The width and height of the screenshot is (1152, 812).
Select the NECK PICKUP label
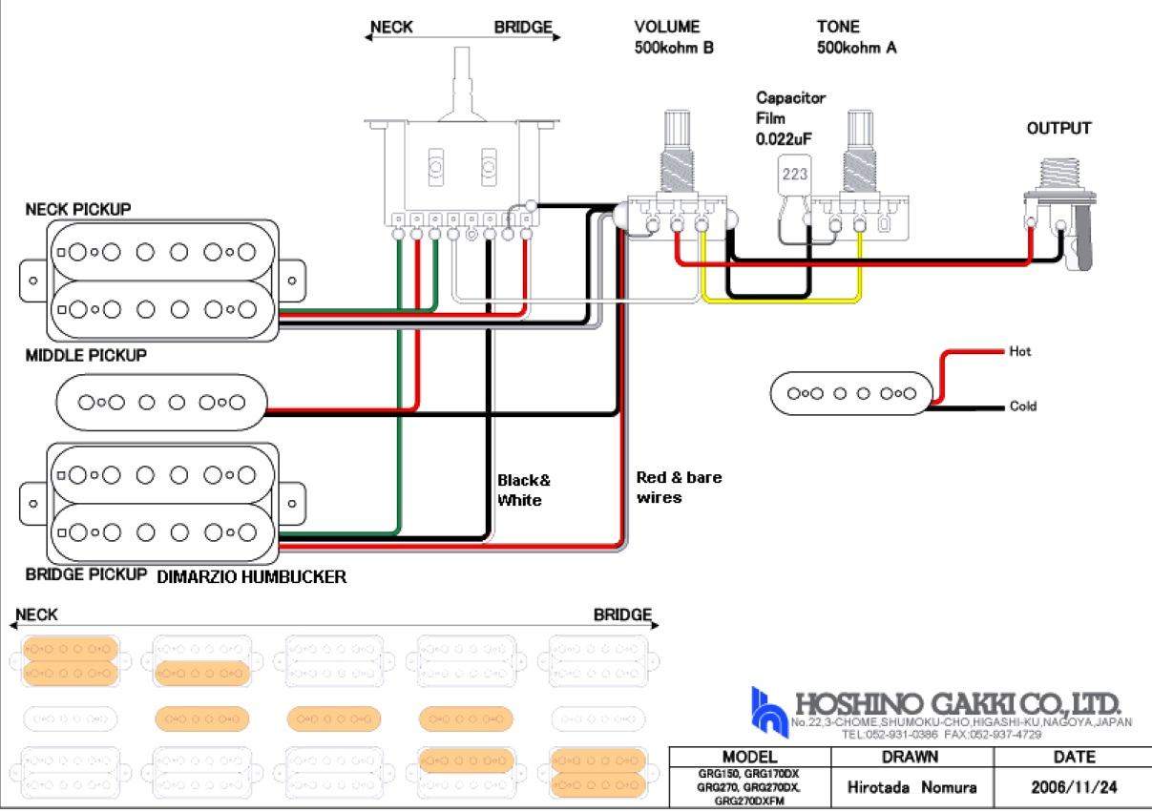tap(78, 209)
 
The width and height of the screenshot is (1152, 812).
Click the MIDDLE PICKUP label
tap(86, 356)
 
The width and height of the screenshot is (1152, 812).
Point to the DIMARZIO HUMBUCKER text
tap(251, 577)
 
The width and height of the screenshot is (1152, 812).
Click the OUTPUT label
tap(1058, 129)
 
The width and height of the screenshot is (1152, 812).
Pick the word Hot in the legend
tap(1020, 352)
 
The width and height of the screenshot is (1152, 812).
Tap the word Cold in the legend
tap(1022, 406)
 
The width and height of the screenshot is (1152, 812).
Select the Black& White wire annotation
tap(523, 490)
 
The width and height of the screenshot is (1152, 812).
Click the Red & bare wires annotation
tap(679, 487)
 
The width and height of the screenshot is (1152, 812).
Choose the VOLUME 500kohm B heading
tap(673, 37)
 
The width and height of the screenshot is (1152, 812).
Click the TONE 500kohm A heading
tap(855, 37)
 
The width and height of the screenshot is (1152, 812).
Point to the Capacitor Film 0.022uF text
tap(789, 118)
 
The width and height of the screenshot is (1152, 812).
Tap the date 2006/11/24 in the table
tap(1074, 788)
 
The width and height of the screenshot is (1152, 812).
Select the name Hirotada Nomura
tap(912, 788)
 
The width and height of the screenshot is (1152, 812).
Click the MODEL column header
tap(749, 758)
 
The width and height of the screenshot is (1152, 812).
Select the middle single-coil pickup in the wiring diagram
tap(160, 403)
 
